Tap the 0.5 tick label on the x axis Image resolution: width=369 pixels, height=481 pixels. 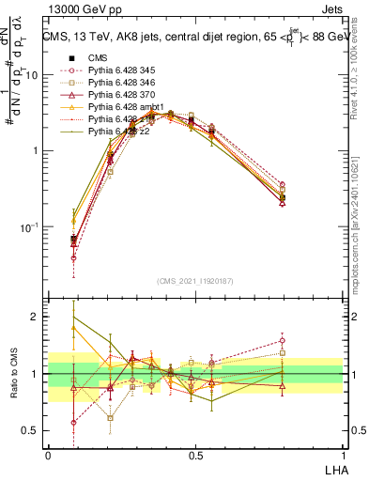[x=194, y=456]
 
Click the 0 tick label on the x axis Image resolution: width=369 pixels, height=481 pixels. [x=48, y=456]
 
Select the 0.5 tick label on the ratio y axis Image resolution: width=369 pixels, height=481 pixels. [x=31, y=431]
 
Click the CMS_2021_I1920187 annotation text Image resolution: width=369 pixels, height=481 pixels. [x=194, y=280]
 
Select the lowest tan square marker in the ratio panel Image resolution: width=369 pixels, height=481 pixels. [x=111, y=418]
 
